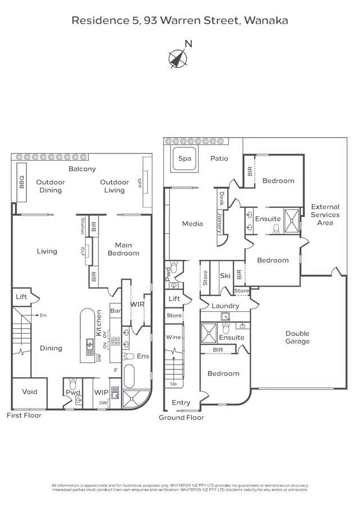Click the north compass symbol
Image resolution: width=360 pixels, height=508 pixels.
pos(178,57)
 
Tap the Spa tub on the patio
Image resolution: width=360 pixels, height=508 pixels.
pos(184,159)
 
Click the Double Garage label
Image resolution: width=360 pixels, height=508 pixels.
pos(297,337)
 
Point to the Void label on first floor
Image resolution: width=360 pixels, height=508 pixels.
pos(29,392)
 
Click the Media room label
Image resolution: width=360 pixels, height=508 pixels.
pos(192,224)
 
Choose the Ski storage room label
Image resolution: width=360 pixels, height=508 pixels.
pos(225,275)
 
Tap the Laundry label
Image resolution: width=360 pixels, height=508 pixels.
pos(226,306)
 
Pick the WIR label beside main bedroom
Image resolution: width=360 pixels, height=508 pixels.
pos(137,304)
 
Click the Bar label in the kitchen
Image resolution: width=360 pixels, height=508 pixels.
pos(115,310)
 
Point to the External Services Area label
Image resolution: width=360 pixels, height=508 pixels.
pos(325,215)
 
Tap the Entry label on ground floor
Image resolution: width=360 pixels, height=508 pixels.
pos(181,403)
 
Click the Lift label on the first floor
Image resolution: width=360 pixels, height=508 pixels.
pos(21,297)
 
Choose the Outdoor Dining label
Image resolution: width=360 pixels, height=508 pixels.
pos(51,186)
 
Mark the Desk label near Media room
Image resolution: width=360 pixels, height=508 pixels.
pos(222,198)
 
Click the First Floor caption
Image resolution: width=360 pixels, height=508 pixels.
pos(24,415)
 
